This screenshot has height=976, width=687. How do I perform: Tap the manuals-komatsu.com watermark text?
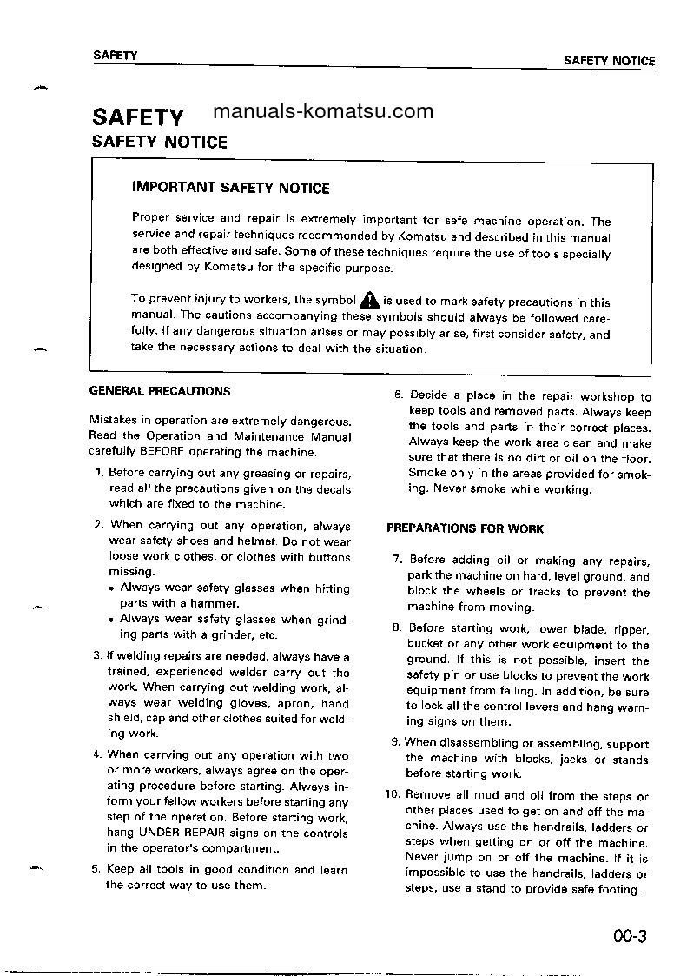[x=322, y=111]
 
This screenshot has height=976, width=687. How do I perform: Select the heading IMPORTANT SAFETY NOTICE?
[x=230, y=188]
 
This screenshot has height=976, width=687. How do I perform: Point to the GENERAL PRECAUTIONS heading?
[x=160, y=391]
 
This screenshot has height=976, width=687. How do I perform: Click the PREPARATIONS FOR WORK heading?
[x=465, y=528]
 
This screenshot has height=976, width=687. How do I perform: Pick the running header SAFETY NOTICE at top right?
[x=609, y=61]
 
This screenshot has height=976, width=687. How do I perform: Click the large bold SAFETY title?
[x=138, y=116]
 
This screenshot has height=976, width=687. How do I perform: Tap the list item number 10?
[x=391, y=795]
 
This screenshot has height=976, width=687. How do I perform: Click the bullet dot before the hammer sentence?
[x=113, y=588]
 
